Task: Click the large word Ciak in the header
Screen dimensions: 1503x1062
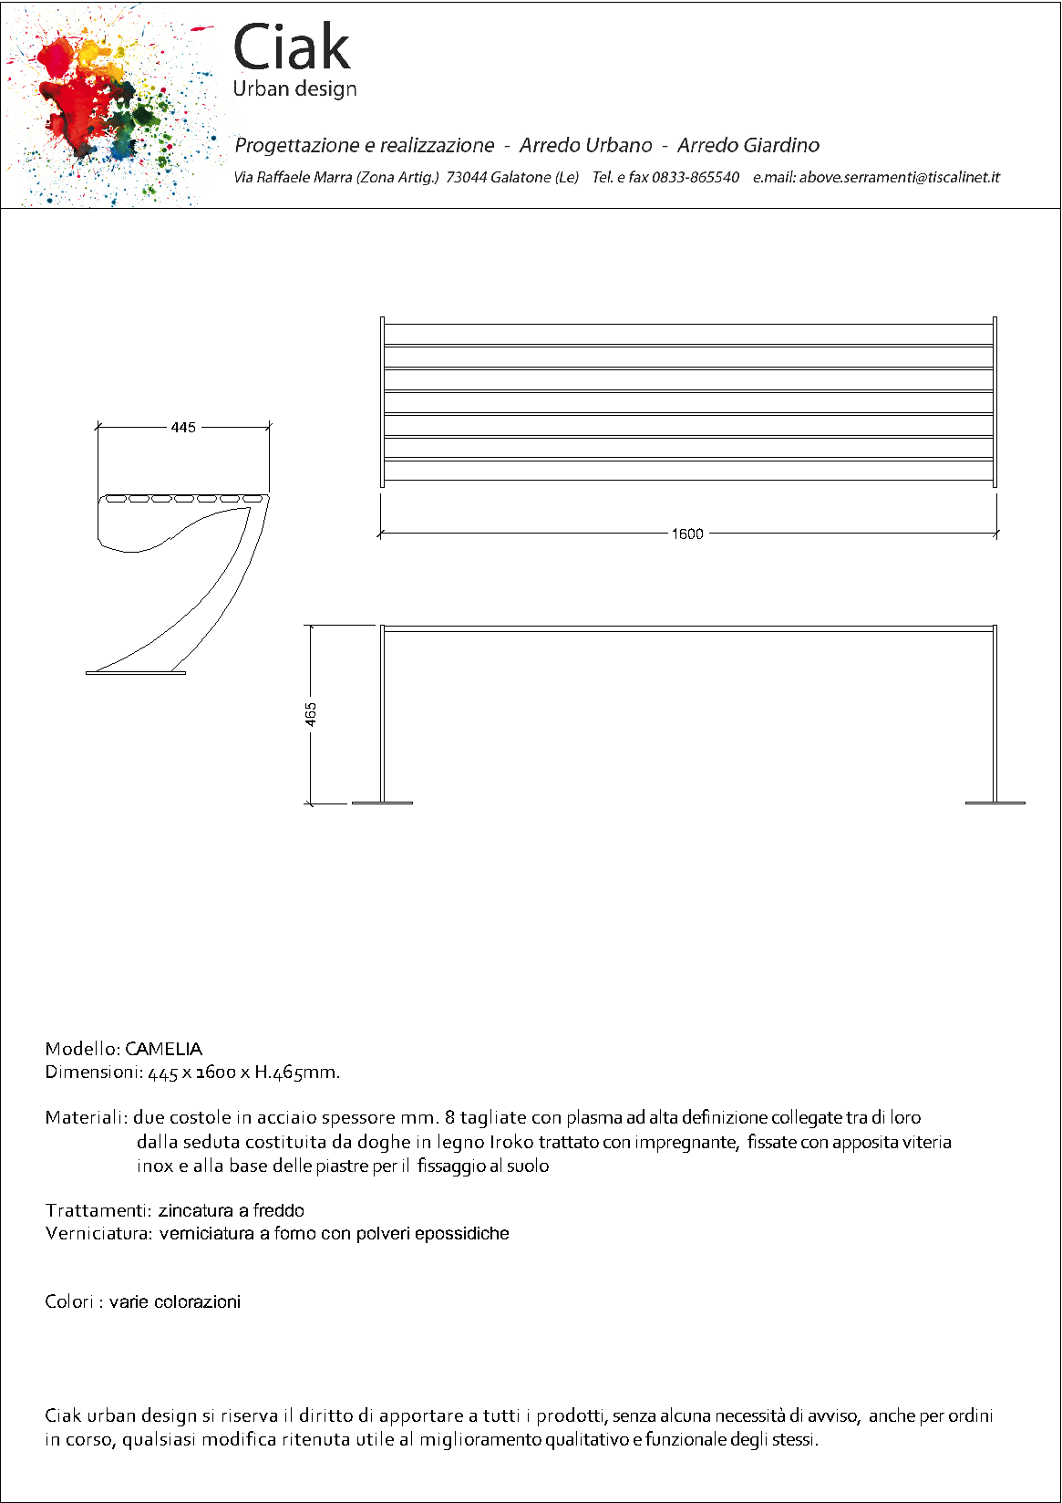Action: pos(292,47)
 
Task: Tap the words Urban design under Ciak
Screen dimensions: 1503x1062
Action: pos(294,89)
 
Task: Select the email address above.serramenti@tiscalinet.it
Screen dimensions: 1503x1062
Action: pos(899,177)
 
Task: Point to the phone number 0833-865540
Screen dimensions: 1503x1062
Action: pos(695,177)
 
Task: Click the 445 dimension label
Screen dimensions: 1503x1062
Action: pos(183,427)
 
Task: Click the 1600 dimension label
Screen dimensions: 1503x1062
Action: pos(687,534)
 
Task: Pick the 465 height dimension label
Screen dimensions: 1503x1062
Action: pos(311,714)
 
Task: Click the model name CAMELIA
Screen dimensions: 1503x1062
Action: pos(163,1049)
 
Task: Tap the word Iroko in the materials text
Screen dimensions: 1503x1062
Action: pos(511,1142)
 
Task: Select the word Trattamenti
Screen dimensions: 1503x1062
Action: pos(98,1210)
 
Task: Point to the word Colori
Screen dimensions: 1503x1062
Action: pos(68,1301)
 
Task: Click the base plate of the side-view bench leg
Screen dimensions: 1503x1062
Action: pos(136,673)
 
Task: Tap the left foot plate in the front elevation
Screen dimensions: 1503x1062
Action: pos(382,803)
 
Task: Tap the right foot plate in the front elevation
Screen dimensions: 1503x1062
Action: pos(995,803)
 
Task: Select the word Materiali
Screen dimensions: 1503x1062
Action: pos(85,1117)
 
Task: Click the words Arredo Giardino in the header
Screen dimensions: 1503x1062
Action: pos(748,145)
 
